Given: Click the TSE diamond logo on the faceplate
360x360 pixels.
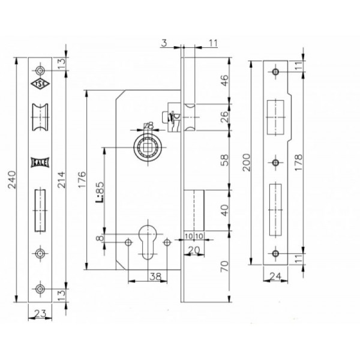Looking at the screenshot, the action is coord(40,84).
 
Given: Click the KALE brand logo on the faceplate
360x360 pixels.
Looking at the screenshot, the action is coord(40,163).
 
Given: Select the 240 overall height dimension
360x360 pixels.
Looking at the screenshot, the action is coord(12,180).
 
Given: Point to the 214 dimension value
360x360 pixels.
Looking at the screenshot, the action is coord(61,180).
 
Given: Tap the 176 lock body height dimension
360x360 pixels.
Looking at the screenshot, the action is coord(82,180).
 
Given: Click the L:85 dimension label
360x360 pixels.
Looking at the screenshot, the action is coord(100,193).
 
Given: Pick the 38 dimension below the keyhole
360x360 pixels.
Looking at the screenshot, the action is coord(155,277).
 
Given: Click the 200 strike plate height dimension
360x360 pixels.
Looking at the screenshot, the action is coord(247,163).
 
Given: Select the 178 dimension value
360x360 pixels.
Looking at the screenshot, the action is coord(298,163).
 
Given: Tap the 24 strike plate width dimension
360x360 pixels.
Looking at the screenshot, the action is coord(275,276).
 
